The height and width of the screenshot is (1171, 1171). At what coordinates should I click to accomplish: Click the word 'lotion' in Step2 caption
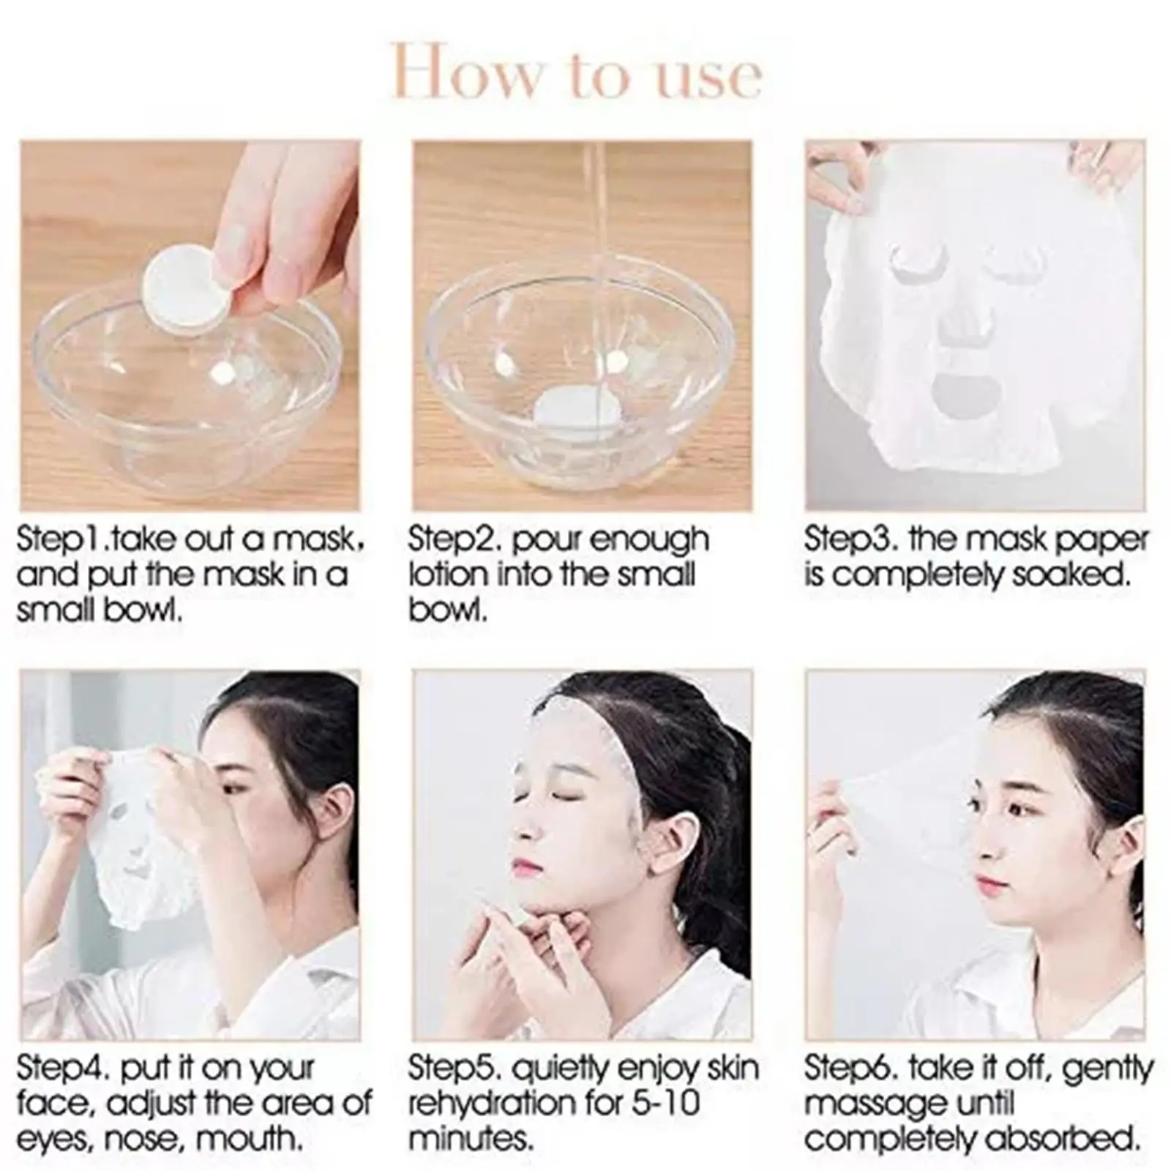(x=448, y=575)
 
